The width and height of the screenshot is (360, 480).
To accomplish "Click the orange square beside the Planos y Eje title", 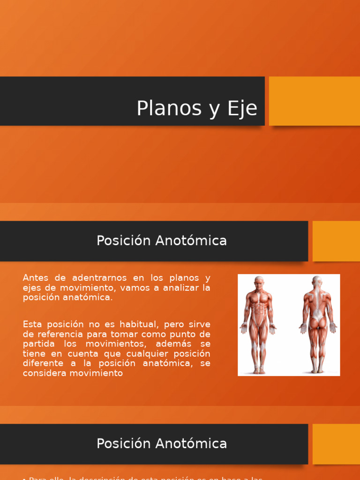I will coord(314,101).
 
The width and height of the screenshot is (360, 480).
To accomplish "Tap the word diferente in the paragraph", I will coord(43,363).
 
